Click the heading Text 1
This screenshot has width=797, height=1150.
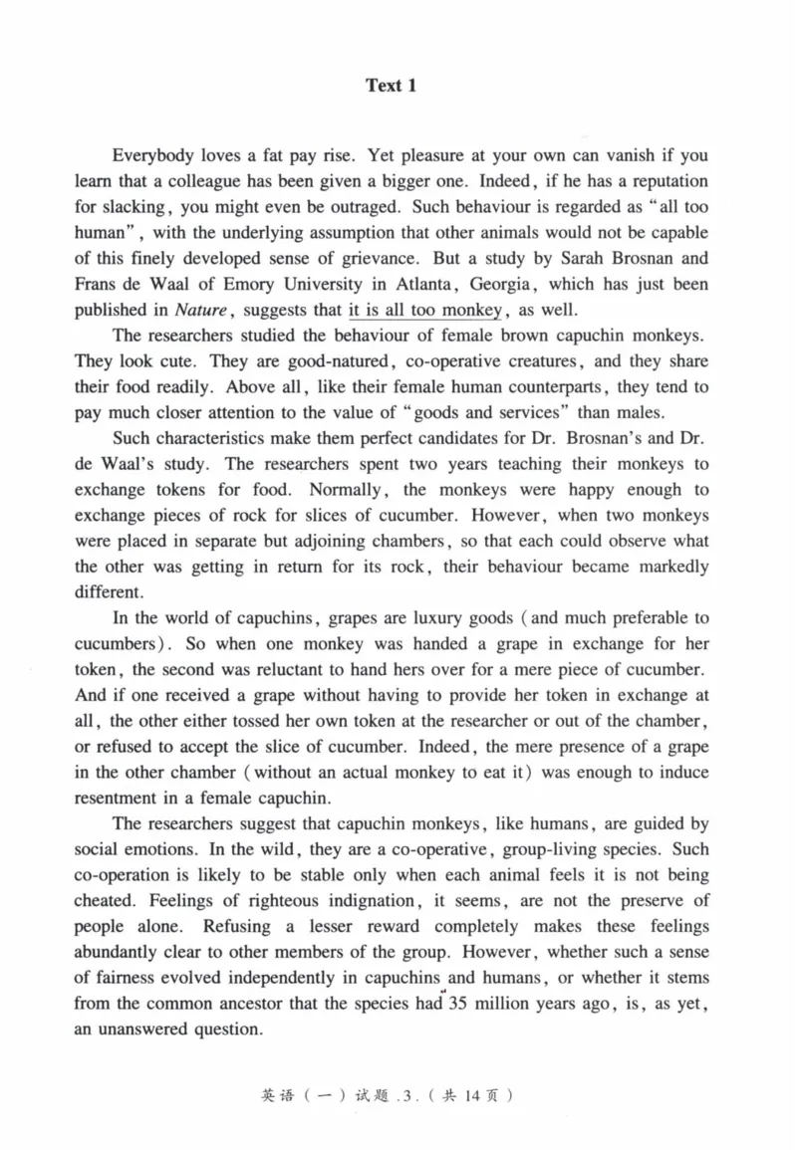(391, 86)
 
